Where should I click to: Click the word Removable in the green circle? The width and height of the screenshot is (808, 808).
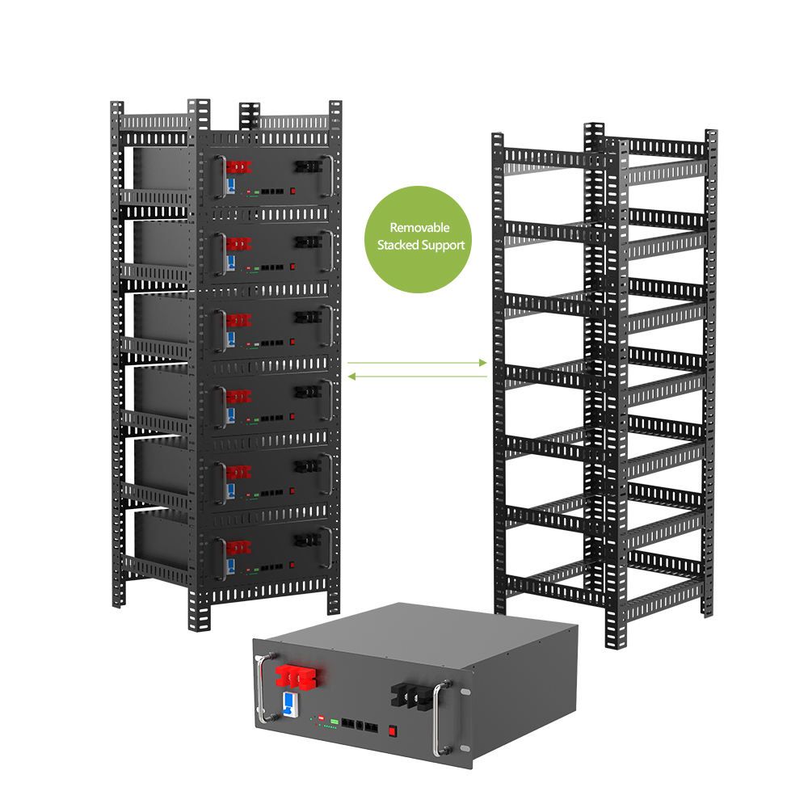pos(419,228)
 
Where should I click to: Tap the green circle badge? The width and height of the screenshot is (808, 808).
pos(419,236)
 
